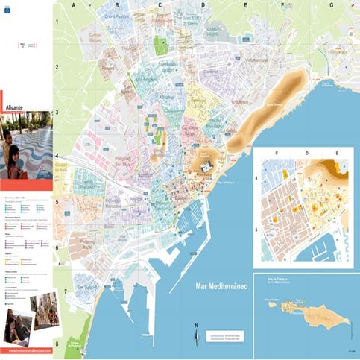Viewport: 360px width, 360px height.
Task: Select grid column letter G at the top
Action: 330,4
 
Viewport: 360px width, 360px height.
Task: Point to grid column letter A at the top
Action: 75,4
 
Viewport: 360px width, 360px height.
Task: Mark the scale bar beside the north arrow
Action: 224,337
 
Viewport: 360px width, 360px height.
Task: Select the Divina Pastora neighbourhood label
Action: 116,14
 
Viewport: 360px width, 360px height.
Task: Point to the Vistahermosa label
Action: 257,60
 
